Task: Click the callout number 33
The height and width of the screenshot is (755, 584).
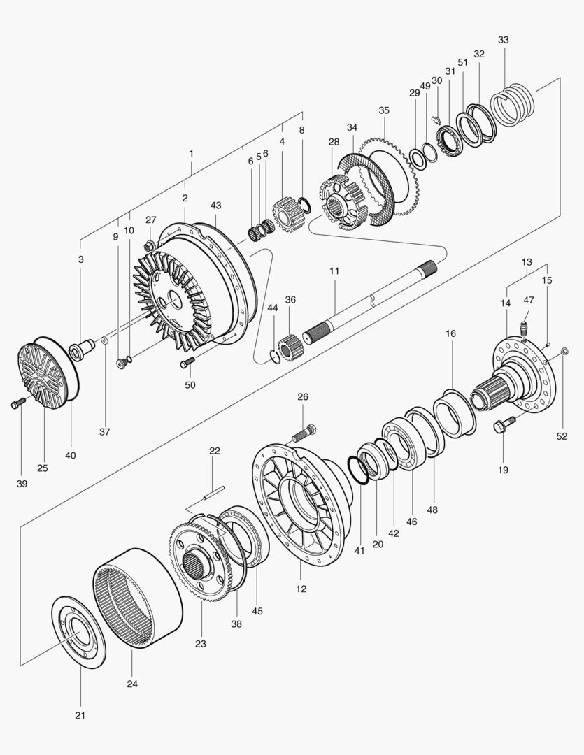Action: [504, 40]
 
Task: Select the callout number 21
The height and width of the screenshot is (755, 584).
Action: [79, 715]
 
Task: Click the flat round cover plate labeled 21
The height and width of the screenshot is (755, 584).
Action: [79, 631]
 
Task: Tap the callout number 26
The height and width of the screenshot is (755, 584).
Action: [302, 397]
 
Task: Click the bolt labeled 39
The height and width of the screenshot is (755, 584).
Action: [17, 403]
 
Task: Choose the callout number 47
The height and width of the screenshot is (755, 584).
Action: [529, 299]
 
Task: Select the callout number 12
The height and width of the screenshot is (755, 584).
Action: [301, 589]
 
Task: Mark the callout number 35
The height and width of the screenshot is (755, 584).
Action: [383, 110]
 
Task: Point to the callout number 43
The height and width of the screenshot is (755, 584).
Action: [215, 206]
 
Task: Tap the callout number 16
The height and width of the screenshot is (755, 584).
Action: [450, 333]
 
